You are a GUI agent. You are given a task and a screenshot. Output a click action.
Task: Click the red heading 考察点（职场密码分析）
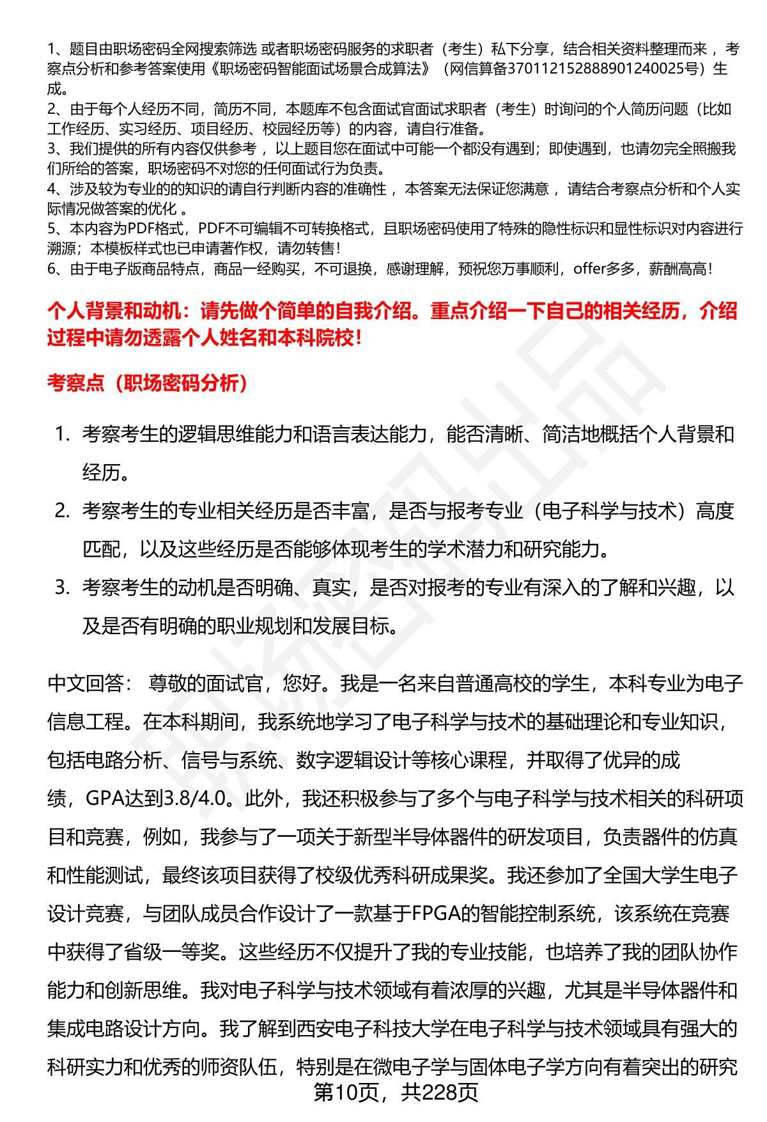click(x=147, y=384)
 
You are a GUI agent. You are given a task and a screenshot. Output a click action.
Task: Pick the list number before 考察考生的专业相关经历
click(x=61, y=511)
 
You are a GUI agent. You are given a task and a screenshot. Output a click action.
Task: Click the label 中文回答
click(x=86, y=684)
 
